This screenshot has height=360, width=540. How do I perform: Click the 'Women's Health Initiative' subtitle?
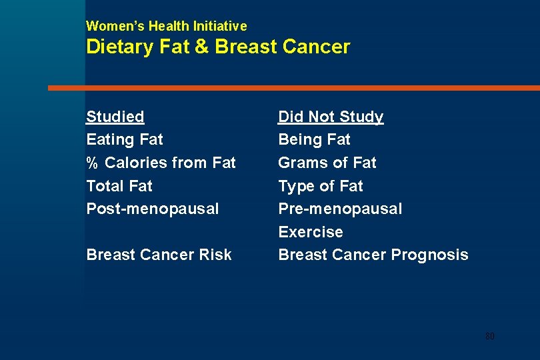click(167, 27)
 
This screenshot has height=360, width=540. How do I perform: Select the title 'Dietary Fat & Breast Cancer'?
click(218, 47)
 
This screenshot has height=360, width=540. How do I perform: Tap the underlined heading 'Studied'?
click(115, 117)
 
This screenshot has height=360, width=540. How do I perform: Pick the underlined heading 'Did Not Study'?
click(331, 117)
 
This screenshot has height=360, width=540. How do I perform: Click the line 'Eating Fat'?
click(125, 140)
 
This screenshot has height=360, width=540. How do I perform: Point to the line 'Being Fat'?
click(314, 140)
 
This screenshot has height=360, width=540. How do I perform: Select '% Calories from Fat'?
click(161, 163)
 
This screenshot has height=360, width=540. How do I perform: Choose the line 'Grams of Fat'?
click(327, 163)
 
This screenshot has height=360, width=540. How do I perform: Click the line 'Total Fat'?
click(119, 186)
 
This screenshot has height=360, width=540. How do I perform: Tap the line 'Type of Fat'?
click(321, 186)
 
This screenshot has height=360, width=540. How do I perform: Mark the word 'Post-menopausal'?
click(153, 209)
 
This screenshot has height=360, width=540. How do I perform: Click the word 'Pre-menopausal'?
click(340, 209)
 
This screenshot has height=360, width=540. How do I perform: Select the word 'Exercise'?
click(311, 232)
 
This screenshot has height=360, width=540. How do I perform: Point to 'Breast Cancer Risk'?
click(159, 255)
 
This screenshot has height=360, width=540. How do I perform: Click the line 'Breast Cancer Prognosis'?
click(373, 255)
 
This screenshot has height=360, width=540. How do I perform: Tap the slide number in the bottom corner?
click(490, 336)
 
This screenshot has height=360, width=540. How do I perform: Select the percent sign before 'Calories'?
click(92, 163)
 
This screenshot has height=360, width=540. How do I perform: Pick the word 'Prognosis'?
click(430, 255)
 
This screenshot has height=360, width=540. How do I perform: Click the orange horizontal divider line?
click(293, 88)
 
